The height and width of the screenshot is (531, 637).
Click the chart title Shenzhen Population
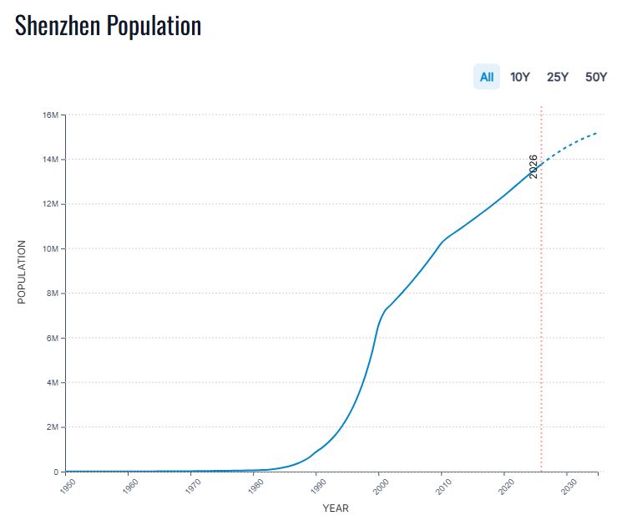click(109, 26)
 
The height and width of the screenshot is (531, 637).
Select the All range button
click(486, 77)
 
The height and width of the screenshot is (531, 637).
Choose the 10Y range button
click(520, 77)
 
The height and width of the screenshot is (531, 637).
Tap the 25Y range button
click(558, 77)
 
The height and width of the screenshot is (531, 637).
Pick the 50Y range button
click(596, 77)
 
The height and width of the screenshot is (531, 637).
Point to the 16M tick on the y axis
click(48, 115)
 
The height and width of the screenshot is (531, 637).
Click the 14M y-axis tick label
click(48, 160)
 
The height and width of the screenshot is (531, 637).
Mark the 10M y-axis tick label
click(48, 249)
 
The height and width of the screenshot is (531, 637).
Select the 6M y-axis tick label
click(50, 338)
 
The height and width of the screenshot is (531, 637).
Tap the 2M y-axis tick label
click(50, 427)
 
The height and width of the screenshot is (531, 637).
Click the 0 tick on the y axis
click(54, 472)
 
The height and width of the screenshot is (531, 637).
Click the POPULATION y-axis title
click(23, 273)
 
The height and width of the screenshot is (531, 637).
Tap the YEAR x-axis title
click(336, 508)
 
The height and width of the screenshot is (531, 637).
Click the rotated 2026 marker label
click(533, 166)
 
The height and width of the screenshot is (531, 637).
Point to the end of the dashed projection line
click(597, 133)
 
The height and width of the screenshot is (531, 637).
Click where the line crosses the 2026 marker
click(541, 163)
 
